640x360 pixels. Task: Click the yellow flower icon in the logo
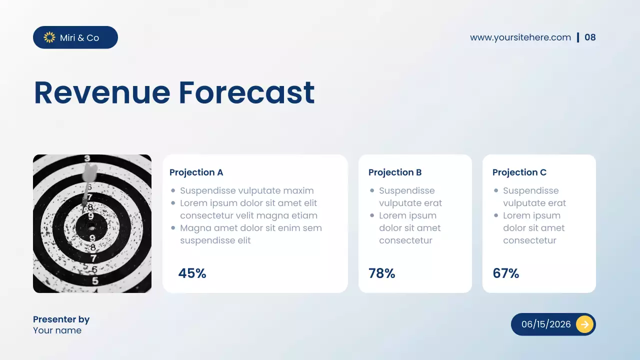[x=49, y=37]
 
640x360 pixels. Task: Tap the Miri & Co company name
[x=79, y=38]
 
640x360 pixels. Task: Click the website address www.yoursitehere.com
[x=520, y=37]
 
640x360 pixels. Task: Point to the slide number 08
[x=590, y=37]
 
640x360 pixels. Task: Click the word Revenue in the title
[x=102, y=93]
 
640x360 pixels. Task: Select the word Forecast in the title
[x=246, y=93]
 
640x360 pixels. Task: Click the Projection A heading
[x=196, y=172]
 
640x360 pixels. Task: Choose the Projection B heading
[x=395, y=172]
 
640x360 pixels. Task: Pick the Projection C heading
[x=519, y=172]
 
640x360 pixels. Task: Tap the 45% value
[x=192, y=273]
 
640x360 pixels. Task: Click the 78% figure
[x=381, y=273]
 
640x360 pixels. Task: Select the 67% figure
[x=505, y=273]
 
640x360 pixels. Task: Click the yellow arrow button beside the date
[x=584, y=324]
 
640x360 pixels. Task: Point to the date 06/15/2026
[x=546, y=324]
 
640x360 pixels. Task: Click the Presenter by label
[x=61, y=319]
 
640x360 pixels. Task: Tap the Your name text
[x=57, y=330]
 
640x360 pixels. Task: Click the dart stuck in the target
[x=88, y=175]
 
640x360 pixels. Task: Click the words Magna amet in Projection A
[x=201, y=228]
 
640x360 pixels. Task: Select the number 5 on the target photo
[x=95, y=280]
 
